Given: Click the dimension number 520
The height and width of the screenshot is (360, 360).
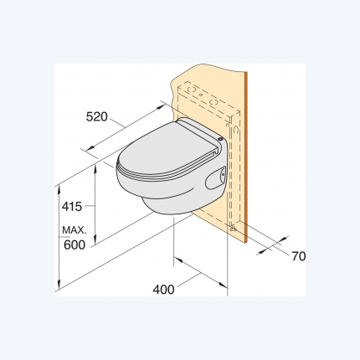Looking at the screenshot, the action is tap(96, 117).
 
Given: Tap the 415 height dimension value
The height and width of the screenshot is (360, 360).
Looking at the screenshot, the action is tap(72, 207).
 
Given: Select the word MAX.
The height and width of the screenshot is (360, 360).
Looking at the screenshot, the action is tap(75, 230).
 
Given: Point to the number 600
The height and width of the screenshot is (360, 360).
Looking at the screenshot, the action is tap(75, 244).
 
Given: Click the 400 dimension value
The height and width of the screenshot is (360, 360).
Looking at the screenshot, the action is tap(163, 290).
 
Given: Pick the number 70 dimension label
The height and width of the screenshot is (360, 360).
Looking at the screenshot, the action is tap(299, 256).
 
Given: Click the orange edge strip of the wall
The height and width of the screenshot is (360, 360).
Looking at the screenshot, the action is tap(246, 157).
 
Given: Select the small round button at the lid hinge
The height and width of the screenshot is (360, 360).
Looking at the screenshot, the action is tap(220, 138).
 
